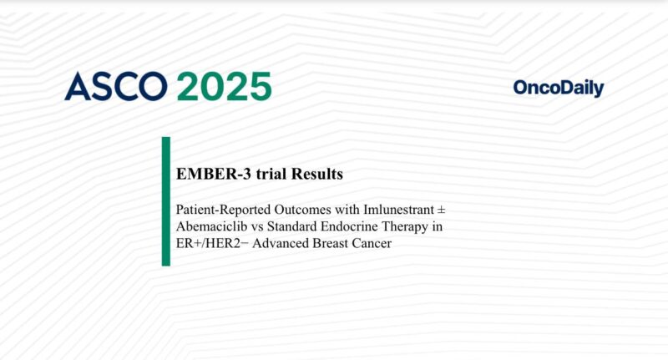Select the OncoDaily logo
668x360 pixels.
pos(559,88)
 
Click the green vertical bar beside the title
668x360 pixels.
pos(165,201)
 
